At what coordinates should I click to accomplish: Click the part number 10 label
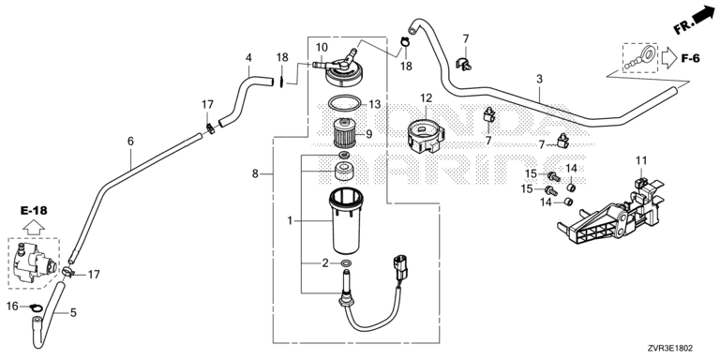322,47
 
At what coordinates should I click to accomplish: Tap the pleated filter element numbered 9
344,133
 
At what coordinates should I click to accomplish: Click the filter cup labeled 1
346,220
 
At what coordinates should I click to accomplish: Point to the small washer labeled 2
346,263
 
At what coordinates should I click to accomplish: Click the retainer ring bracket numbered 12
426,135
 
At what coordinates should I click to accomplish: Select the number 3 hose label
540,79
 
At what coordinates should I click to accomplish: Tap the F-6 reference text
690,59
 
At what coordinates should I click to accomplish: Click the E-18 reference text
34,211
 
